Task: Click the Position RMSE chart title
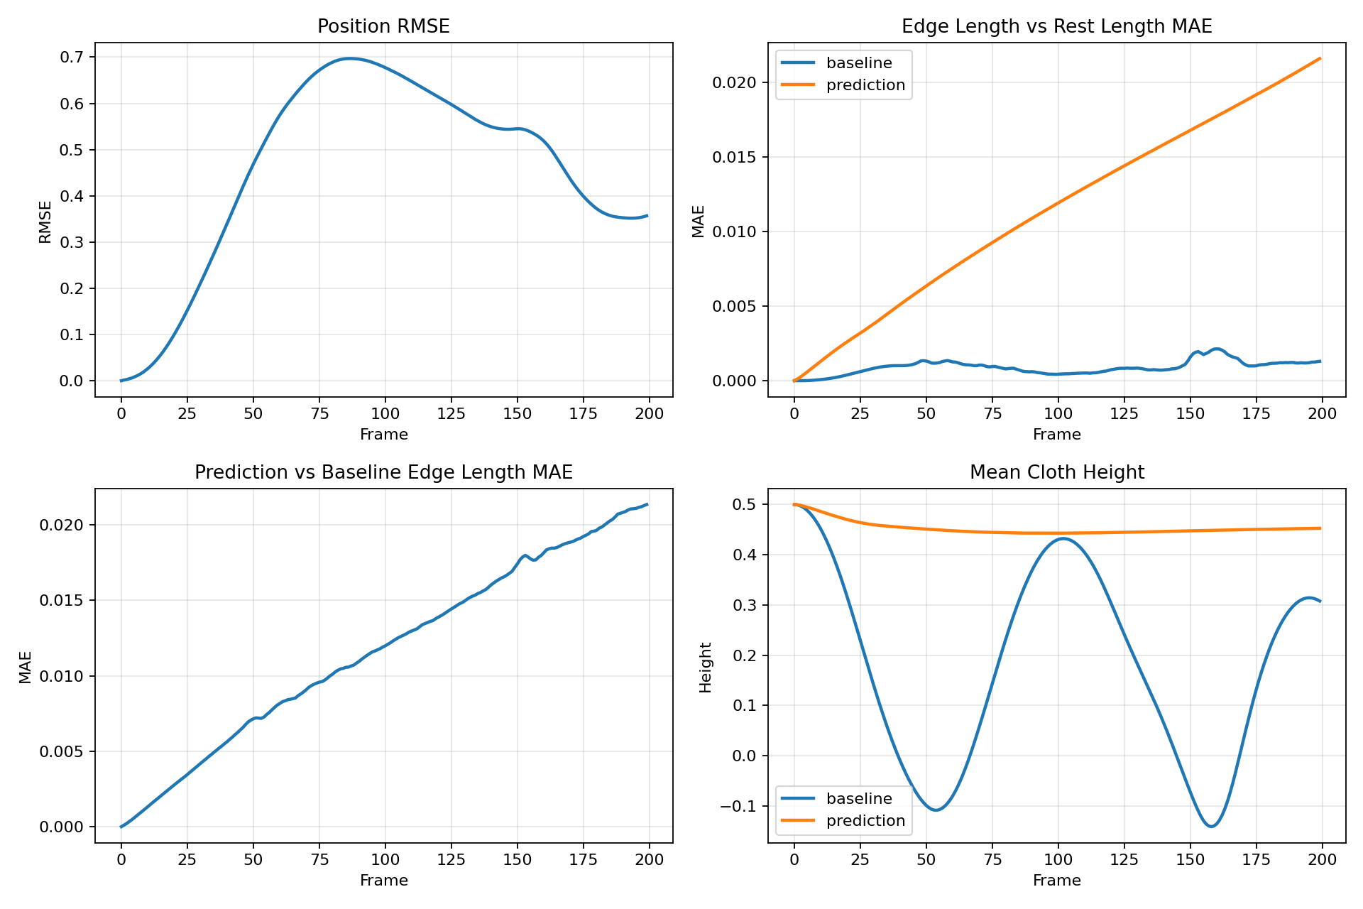coord(383,26)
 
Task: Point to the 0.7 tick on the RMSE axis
coord(72,58)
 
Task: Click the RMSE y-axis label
coord(45,222)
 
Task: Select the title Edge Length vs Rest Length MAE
coord(1056,26)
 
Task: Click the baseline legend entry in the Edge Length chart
coord(858,62)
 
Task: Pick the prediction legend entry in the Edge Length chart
coord(865,85)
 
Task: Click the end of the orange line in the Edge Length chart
coord(1320,58)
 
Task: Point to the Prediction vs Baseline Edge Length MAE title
coord(383,472)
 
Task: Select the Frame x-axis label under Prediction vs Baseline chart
coord(383,881)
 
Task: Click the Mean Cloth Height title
coord(1056,472)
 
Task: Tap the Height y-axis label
coord(705,667)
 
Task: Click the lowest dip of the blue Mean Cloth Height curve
coord(1211,827)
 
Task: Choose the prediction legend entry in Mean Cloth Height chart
coord(865,821)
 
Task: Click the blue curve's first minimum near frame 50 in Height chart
coord(936,810)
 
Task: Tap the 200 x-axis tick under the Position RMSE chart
coord(649,414)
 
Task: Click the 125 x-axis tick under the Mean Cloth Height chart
coord(1124,860)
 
